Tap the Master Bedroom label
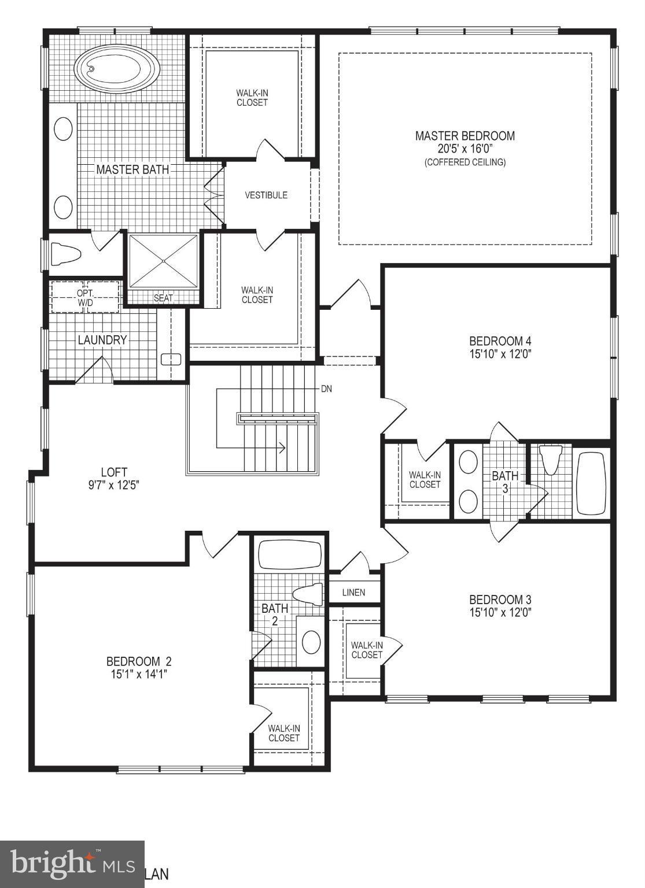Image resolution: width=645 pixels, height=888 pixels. pyautogui.click(x=465, y=136)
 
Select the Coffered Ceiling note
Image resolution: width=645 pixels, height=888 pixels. pyautogui.click(x=465, y=162)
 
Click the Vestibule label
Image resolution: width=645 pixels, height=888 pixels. pyautogui.click(x=266, y=195)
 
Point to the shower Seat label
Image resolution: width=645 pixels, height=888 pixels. pyautogui.click(x=163, y=298)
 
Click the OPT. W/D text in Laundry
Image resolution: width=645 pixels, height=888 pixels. pyautogui.click(x=86, y=297)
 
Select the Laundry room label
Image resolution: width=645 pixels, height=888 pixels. pyautogui.click(x=102, y=340)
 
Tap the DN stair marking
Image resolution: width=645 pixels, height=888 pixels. pyautogui.click(x=326, y=389)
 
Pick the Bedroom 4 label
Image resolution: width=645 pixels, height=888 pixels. pyautogui.click(x=500, y=341)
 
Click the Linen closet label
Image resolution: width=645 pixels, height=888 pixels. pyautogui.click(x=353, y=593)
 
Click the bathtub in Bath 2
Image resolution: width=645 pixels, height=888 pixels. pyautogui.click(x=289, y=556)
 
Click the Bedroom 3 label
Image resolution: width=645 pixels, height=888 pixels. pyautogui.click(x=500, y=600)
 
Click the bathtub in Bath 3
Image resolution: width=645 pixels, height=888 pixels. pyautogui.click(x=591, y=484)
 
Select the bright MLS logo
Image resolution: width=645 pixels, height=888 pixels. pyautogui.click(x=72, y=864)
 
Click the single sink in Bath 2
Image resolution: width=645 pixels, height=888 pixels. pyautogui.click(x=312, y=642)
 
